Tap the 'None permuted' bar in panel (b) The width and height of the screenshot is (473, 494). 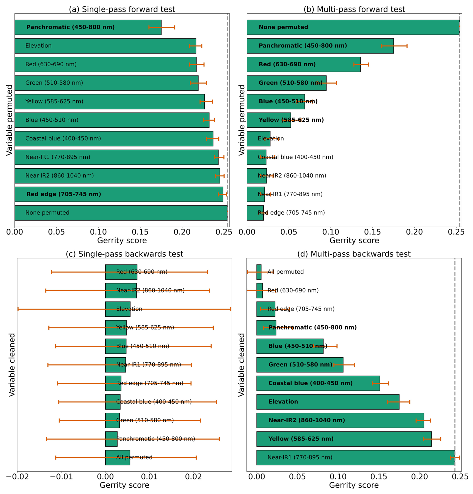click(353, 27)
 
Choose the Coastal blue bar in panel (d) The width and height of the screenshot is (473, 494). click(318, 383)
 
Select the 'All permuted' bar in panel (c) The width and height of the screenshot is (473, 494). click(117, 457)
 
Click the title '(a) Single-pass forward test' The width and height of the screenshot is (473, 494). click(122, 9)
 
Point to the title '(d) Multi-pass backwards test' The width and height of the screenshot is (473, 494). click(354, 254)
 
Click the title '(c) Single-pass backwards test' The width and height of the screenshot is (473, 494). click(124, 254)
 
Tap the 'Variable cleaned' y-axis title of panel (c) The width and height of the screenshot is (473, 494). click(12, 365)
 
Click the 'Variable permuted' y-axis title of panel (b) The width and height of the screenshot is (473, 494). click(241, 120)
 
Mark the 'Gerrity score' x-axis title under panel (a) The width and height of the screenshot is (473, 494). click(122, 240)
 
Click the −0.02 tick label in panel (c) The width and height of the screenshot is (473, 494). click(17, 476)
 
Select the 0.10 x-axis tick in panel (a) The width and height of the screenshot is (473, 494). click(98, 232)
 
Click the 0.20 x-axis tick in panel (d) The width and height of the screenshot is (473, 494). click(419, 476)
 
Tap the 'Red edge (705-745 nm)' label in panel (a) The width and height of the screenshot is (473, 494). click(63, 194)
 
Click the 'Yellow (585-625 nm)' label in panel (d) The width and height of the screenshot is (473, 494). click(301, 439)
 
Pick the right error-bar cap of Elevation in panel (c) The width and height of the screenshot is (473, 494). click(230, 309)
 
